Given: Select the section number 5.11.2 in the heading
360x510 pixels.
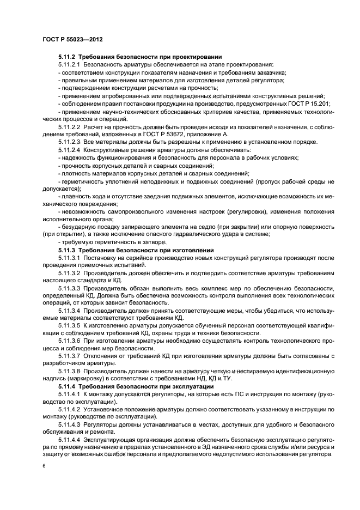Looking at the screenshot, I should pyautogui.click(x=68, y=57).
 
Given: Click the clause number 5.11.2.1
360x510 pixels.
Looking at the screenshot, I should pyautogui.click(x=70, y=65).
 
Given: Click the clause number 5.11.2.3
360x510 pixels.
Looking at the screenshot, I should pyautogui.click(x=70, y=142).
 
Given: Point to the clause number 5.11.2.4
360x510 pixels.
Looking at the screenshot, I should pyautogui.click(x=70, y=149).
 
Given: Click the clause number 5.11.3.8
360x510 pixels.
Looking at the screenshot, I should pyautogui.click(x=70, y=371).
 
